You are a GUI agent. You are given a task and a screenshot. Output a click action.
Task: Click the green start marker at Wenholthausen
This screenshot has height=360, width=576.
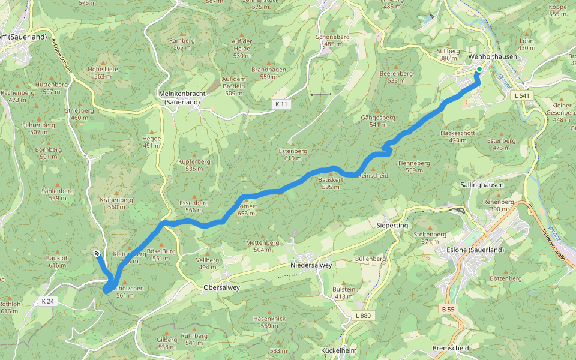click(x=479, y=70)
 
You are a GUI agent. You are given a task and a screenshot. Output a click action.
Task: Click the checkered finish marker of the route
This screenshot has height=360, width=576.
click(x=97, y=254)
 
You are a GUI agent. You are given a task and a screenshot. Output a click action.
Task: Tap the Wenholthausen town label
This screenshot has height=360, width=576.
click(x=492, y=56)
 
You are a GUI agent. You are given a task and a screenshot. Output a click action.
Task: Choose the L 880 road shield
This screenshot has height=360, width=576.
click(x=363, y=316)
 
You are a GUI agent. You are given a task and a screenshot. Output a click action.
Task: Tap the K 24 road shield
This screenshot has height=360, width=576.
click(x=49, y=300)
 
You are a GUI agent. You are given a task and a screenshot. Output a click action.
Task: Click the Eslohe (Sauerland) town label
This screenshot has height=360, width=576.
click(x=476, y=250)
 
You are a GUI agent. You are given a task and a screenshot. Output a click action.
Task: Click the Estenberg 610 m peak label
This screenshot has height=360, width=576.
click(x=293, y=154)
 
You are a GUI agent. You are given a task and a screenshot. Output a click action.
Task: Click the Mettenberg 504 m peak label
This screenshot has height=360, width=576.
click(x=263, y=246)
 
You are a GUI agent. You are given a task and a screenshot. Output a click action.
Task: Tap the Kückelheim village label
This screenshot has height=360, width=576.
click(x=340, y=350)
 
